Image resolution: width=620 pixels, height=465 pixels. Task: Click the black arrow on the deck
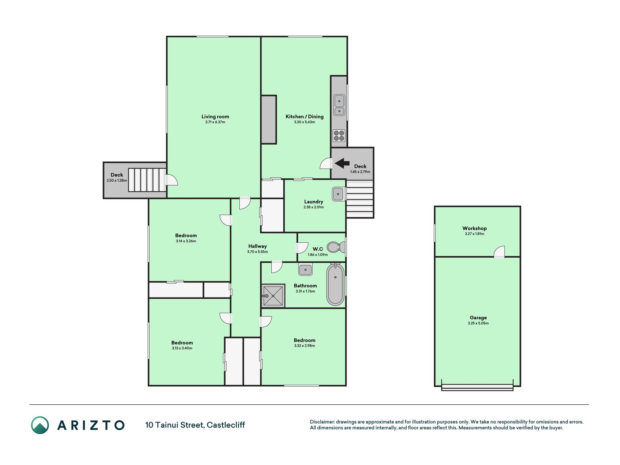coord(342,163)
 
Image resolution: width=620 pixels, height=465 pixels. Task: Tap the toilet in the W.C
coord(336,247)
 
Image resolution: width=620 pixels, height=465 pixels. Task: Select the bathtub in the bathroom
coord(335,284)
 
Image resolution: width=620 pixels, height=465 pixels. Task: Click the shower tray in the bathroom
coord(273,296)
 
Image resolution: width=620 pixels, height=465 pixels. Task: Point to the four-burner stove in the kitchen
coord(339,136)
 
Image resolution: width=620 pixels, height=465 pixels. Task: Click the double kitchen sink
coord(339,105)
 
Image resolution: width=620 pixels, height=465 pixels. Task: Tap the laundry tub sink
coord(338,194)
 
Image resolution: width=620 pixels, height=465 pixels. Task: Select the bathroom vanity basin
coord(305,270)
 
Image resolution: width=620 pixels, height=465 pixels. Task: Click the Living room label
coord(215,117)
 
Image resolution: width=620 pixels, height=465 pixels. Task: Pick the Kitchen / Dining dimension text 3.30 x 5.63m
coord(304,122)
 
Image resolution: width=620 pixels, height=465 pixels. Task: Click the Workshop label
coord(474,228)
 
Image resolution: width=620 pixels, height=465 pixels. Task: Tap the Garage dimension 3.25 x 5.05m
coord(478,323)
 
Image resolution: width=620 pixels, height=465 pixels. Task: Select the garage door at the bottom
coord(477,387)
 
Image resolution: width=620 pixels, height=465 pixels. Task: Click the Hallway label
coord(258,246)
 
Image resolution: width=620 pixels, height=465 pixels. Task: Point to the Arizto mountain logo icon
coord(40,425)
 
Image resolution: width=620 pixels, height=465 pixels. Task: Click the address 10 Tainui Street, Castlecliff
coord(195,425)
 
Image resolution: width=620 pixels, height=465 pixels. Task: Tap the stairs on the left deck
coord(147,180)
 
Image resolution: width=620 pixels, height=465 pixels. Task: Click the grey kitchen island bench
coord(269,120)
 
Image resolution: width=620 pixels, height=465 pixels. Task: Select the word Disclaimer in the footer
coord(322,422)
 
